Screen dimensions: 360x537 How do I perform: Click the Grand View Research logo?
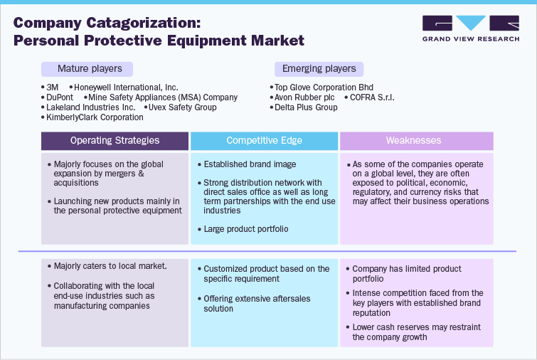pos(469,29)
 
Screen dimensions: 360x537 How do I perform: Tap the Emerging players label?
pos(319,69)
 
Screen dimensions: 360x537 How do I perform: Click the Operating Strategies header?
pos(115,141)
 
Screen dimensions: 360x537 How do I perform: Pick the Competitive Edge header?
pos(265,141)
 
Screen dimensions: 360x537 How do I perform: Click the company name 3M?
pos(53,86)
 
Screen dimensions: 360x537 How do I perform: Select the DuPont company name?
pos(60,97)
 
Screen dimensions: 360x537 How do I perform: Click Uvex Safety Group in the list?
pos(181,107)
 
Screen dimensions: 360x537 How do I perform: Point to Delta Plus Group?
pos(306,107)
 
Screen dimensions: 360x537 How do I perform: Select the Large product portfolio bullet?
pos(245,229)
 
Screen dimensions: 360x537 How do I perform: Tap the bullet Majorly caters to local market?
pos(110,265)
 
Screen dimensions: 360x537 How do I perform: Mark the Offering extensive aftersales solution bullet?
pos(257,304)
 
